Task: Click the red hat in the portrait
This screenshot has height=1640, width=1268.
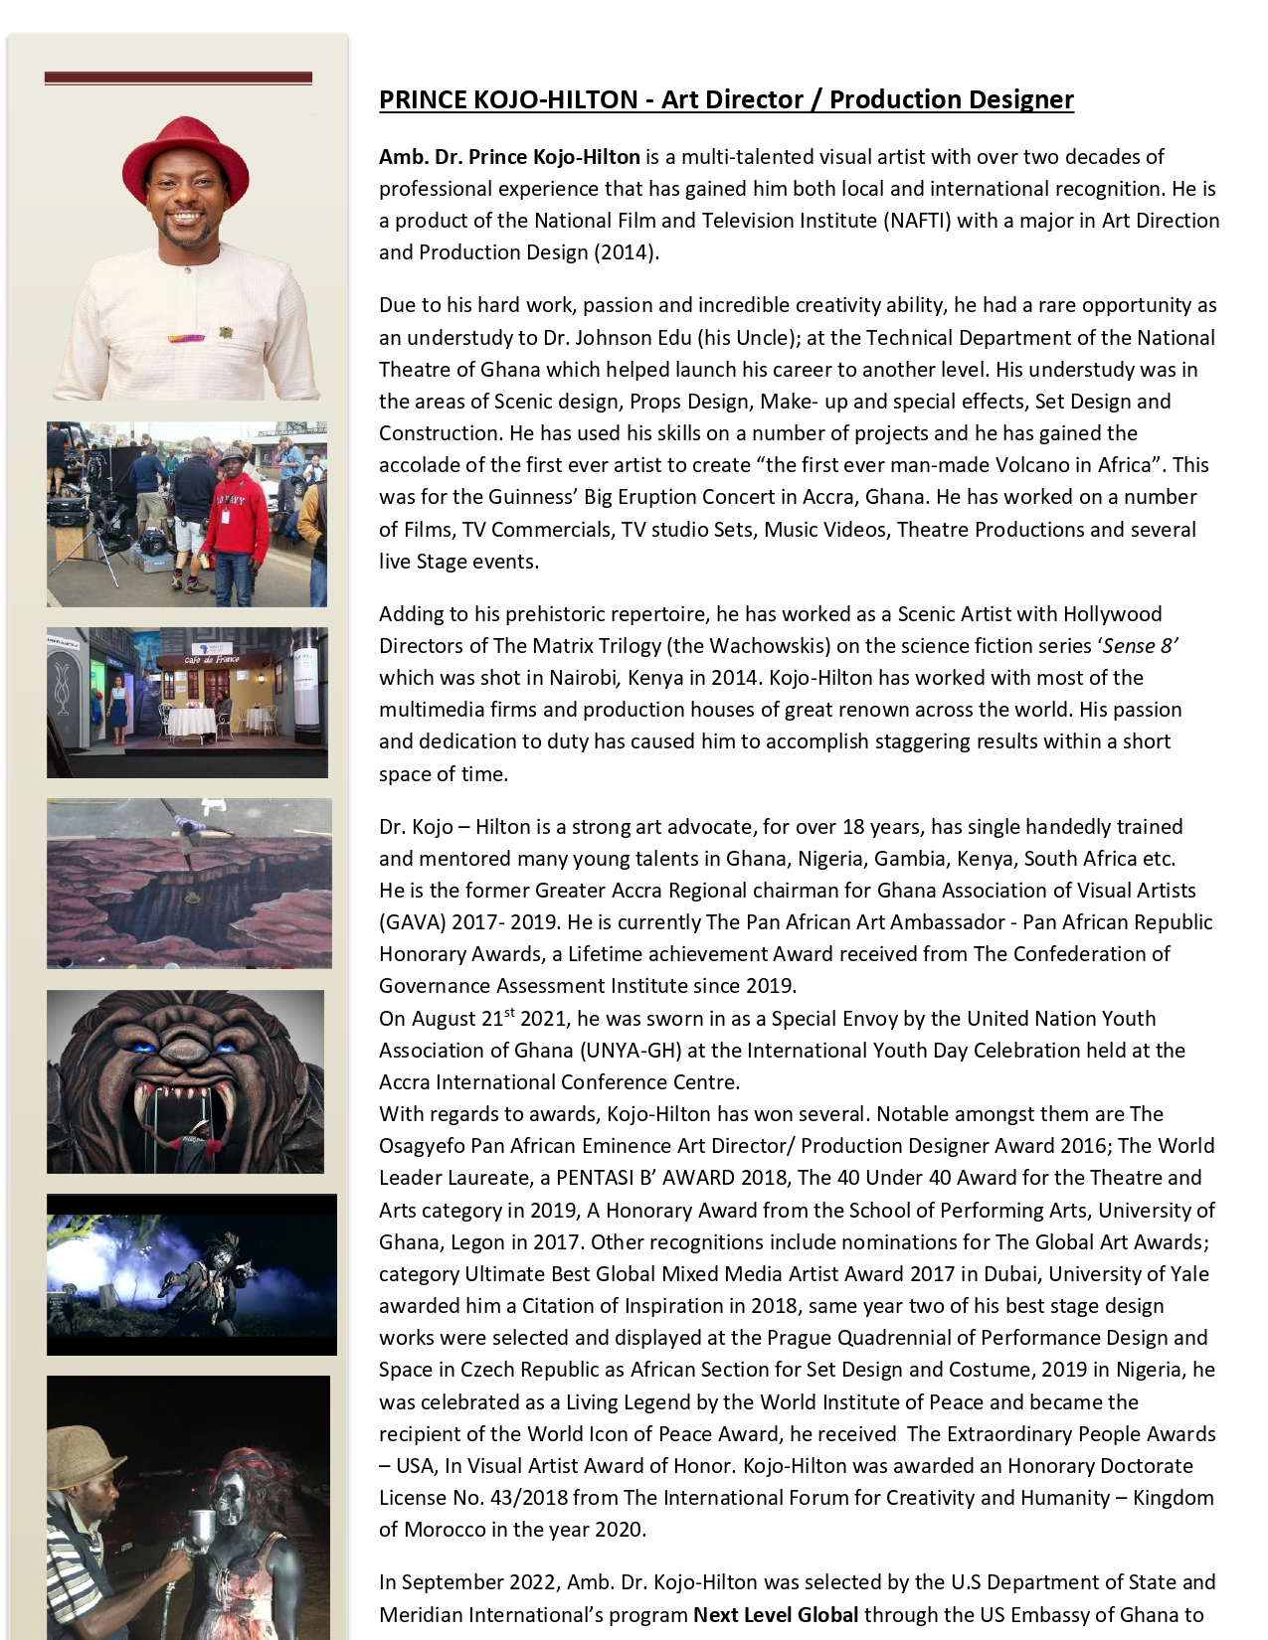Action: point(185,159)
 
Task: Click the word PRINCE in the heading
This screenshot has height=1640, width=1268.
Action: point(424,99)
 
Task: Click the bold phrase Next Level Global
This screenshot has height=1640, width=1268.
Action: point(776,1614)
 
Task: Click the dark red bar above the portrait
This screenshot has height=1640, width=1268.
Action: point(178,78)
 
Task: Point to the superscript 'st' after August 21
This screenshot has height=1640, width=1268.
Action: point(510,1013)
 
